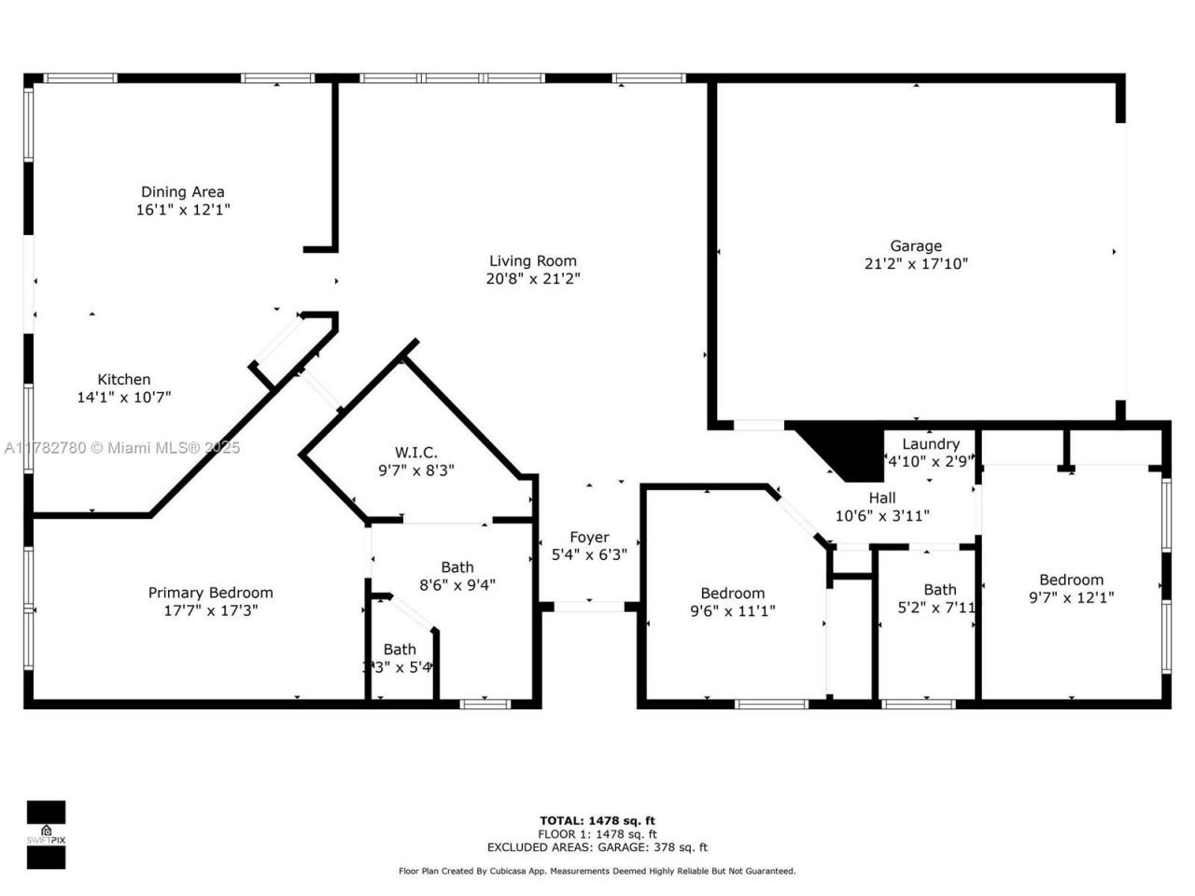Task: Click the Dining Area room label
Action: (x=183, y=192)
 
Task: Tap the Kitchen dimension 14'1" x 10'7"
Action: (x=124, y=398)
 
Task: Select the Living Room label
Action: (x=533, y=261)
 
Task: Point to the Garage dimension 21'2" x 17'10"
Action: (x=916, y=264)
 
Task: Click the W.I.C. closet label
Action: (x=415, y=453)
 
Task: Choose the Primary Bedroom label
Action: (x=211, y=593)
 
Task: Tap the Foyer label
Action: (x=589, y=538)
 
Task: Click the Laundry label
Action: (x=931, y=444)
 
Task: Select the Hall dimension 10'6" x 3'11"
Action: (x=882, y=516)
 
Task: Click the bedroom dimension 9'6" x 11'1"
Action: (x=733, y=611)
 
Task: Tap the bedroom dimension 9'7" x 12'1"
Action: (x=1071, y=597)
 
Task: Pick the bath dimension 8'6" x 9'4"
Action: (x=457, y=585)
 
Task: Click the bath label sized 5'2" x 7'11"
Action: (x=940, y=590)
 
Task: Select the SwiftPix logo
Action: (x=46, y=833)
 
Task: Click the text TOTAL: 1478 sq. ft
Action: (x=597, y=821)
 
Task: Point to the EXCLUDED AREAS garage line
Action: (x=597, y=847)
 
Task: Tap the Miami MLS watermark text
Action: (x=121, y=448)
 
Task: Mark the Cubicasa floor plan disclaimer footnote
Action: (x=597, y=871)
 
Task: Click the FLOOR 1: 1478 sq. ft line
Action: (x=597, y=834)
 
